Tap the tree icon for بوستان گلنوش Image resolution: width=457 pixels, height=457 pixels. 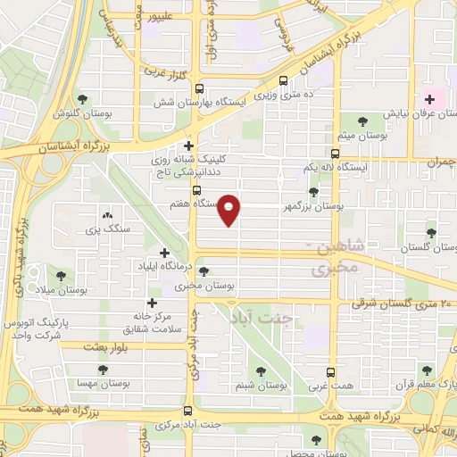tap(82, 99)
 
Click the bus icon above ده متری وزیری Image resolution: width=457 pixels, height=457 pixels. tap(284, 79)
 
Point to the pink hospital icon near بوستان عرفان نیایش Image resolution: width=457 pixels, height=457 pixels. tap(430, 99)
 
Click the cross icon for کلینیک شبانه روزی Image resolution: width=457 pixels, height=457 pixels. tap(188, 145)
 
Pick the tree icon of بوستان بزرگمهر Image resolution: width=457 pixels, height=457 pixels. tap(312, 191)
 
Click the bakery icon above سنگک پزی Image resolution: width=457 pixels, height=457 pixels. tap(108, 215)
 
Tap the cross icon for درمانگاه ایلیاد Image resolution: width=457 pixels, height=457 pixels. tap(163, 253)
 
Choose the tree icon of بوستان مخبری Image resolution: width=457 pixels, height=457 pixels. tap(204, 271)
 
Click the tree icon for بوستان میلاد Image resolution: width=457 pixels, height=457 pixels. tap(61, 277)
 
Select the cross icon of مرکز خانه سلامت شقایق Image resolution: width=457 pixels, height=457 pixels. tap(152, 303)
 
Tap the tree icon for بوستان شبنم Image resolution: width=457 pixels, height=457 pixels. tap(261, 370)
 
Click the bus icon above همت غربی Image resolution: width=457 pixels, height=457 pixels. tap(331, 370)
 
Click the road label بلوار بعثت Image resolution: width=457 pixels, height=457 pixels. tap(109, 345)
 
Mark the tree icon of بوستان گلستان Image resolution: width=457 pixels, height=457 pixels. tap(431, 233)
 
